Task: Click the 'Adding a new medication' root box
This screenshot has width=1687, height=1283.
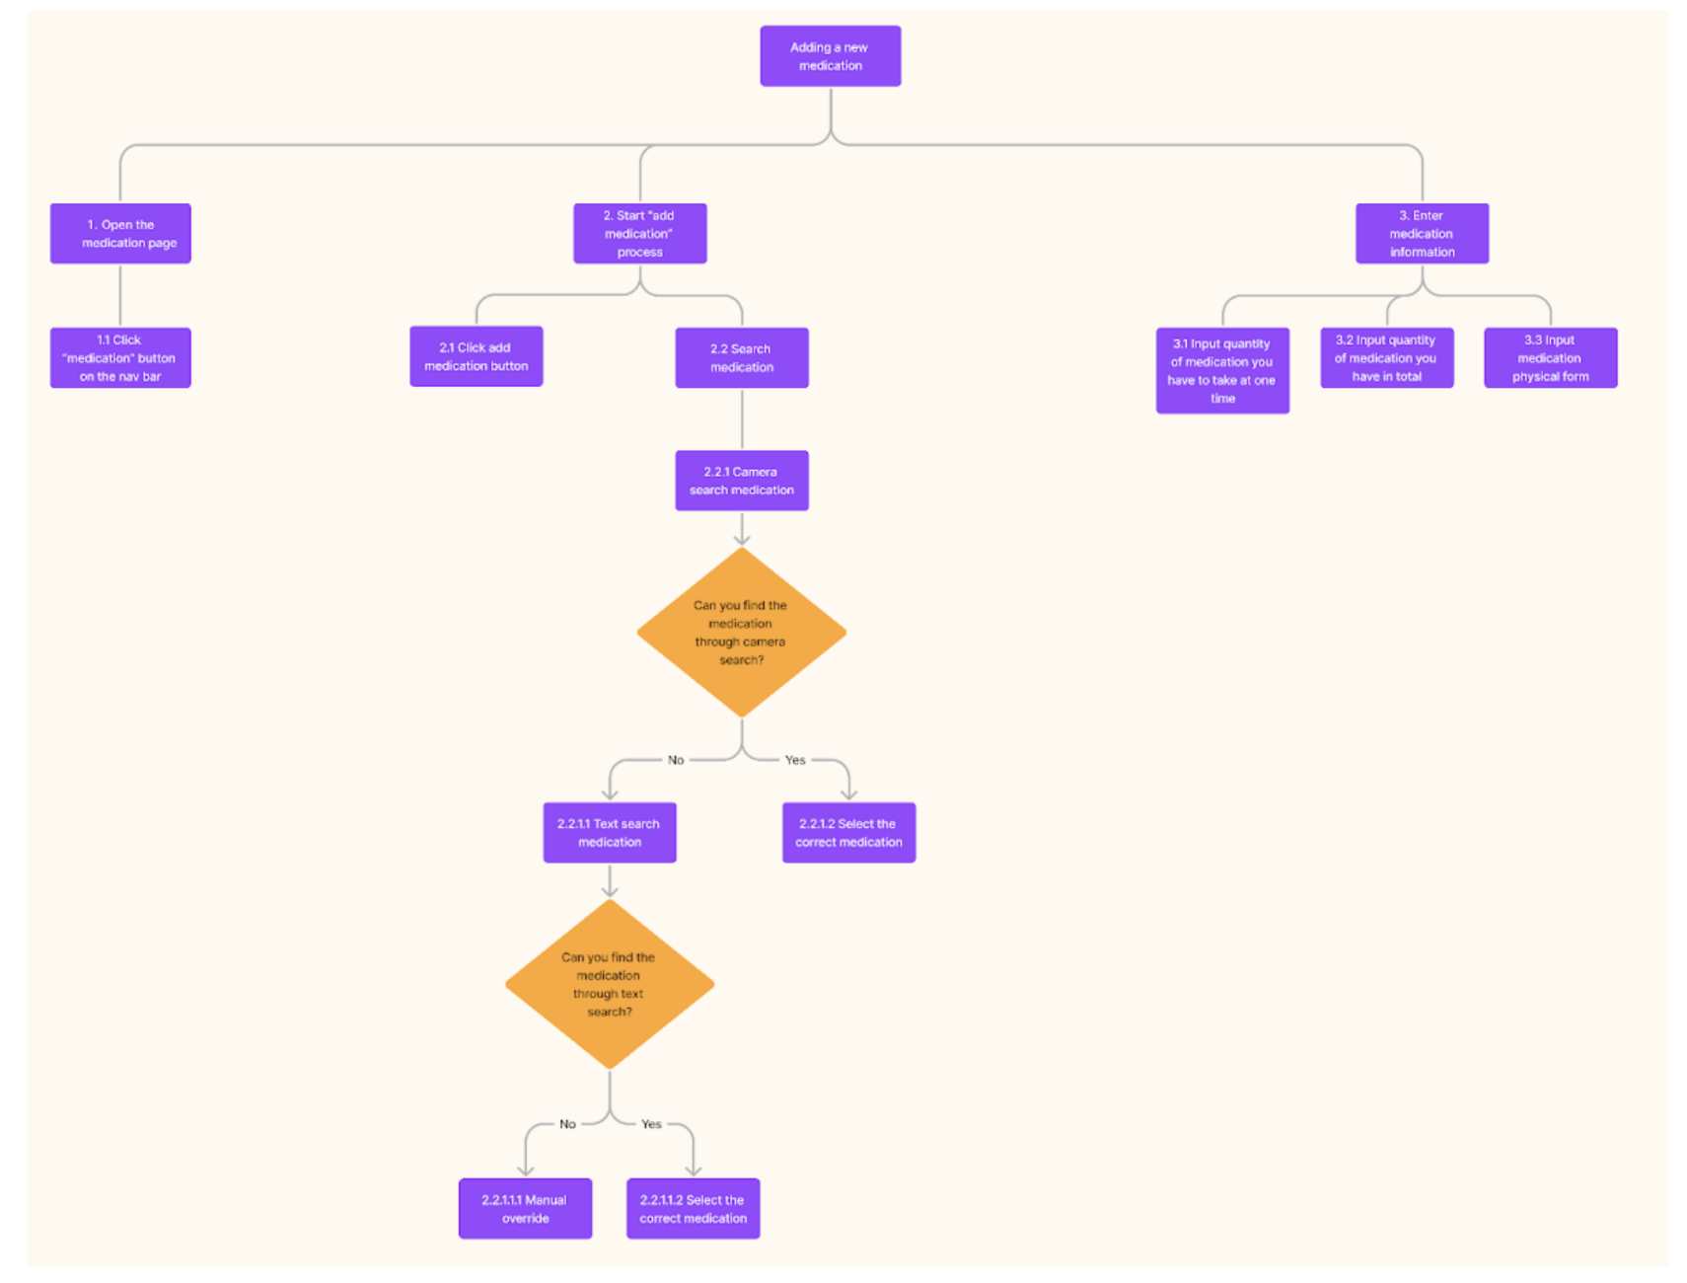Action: click(x=830, y=56)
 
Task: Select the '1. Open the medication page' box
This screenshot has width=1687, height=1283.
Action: click(x=120, y=234)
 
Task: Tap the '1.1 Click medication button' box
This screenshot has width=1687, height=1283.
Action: click(x=120, y=357)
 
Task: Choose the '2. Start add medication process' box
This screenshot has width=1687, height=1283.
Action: click(x=639, y=234)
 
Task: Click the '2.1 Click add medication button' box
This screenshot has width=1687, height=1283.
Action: click(x=476, y=356)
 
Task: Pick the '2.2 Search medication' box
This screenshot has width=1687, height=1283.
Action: click(x=742, y=357)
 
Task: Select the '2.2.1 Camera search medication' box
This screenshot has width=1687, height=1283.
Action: click(x=742, y=481)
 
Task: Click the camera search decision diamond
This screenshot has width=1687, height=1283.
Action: click(x=742, y=633)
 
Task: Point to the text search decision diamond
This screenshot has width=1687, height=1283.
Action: click(x=610, y=984)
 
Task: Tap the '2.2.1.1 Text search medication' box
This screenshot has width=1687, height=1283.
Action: click(x=610, y=832)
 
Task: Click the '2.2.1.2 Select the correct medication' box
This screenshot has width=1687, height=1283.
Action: click(x=848, y=832)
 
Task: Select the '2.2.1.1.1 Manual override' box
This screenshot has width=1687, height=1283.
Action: click(x=525, y=1208)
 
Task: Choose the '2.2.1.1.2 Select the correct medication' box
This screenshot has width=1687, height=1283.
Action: click(x=693, y=1208)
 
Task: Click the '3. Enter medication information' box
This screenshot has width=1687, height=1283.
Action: click(x=1422, y=234)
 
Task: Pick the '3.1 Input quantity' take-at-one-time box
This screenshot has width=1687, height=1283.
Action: click(x=1222, y=370)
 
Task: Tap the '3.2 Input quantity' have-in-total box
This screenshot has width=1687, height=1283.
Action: click(x=1386, y=357)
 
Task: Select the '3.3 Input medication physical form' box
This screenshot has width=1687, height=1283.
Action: click(x=1550, y=357)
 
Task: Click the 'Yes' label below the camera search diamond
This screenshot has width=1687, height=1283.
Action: click(x=795, y=760)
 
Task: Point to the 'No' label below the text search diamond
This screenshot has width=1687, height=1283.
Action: click(x=567, y=1124)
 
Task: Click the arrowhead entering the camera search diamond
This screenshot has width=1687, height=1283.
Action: click(x=742, y=540)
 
